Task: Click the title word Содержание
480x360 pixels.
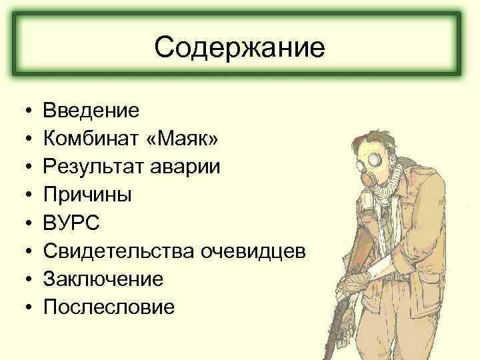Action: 239,47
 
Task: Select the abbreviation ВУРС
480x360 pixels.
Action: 71,222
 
